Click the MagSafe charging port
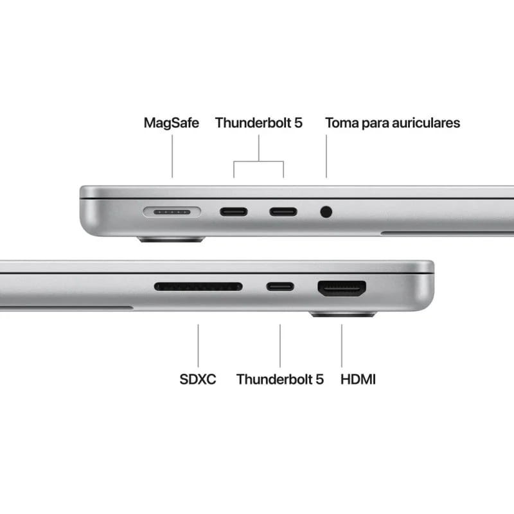pyautogui.click(x=172, y=211)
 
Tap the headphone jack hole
pyautogui.click(x=326, y=211)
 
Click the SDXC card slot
pyautogui.click(x=198, y=287)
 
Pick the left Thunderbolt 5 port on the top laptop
pyautogui.click(x=233, y=211)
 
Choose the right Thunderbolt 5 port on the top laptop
pyautogui.click(x=283, y=211)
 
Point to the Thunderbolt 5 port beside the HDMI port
pyautogui.click(x=280, y=287)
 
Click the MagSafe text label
pyautogui.click(x=171, y=123)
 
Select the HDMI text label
pyautogui.click(x=358, y=379)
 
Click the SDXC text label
pyautogui.click(x=198, y=379)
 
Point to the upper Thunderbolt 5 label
pyautogui.click(x=258, y=123)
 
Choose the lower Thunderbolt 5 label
pyautogui.click(x=279, y=379)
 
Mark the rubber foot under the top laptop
pyautogui.click(x=172, y=240)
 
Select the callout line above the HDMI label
pyautogui.click(x=341, y=345)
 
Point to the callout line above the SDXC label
pyautogui.click(x=198, y=345)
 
